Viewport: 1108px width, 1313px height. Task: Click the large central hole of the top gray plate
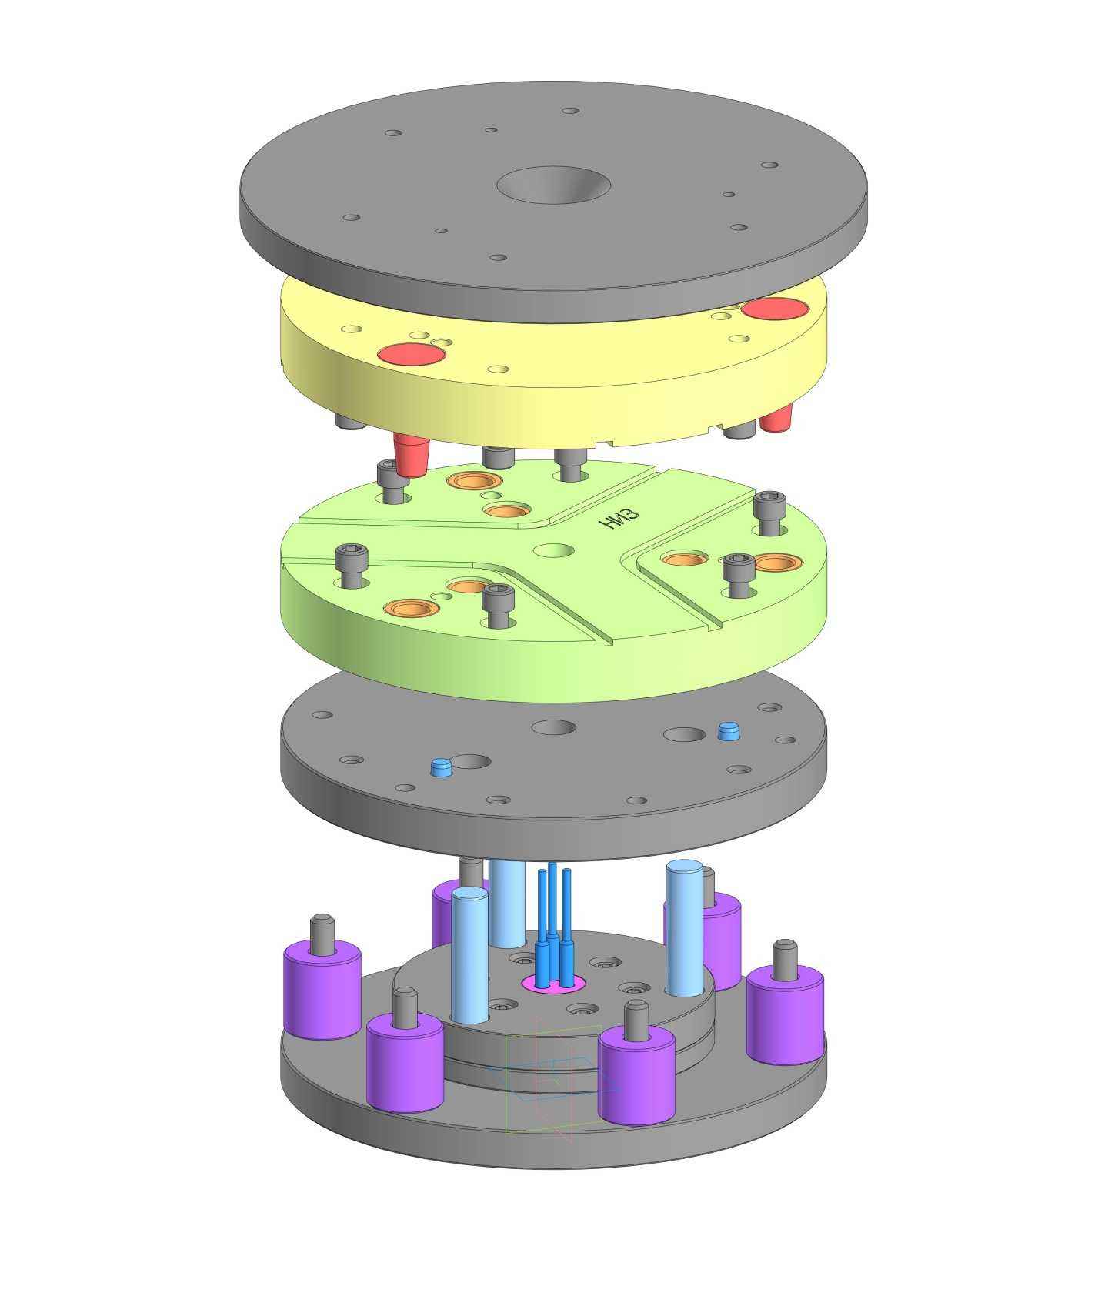click(x=553, y=185)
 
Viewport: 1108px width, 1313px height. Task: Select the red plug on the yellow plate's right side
click(x=775, y=309)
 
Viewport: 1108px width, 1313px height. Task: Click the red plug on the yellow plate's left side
click(x=412, y=355)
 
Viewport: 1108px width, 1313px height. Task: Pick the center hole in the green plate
click(x=554, y=551)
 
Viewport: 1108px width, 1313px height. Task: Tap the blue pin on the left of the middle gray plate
click(x=441, y=767)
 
